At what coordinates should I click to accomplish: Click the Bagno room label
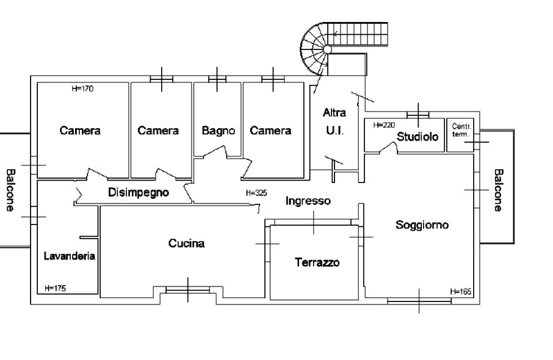tap(219, 131)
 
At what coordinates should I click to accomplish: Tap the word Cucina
tap(187, 244)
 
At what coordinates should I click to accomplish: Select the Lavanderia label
tap(69, 256)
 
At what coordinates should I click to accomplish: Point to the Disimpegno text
tap(140, 193)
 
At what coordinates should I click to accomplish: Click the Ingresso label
tap(309, 201)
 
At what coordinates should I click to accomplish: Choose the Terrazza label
tap(316, 263)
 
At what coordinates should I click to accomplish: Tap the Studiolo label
tap(419, 137)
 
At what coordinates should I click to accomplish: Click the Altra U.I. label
tap(334, 121)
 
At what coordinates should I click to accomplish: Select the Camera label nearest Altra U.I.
tap(270, 131)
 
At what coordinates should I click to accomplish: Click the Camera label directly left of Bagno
tap(158, 131)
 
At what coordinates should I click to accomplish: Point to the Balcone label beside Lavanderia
tap(10, 189)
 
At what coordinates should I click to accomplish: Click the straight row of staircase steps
tap(359, 35)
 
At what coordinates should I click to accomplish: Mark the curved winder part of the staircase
tap(316, 46)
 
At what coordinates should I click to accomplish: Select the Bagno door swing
tap(217, 147)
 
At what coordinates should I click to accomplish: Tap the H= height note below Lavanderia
tap(55, 286)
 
